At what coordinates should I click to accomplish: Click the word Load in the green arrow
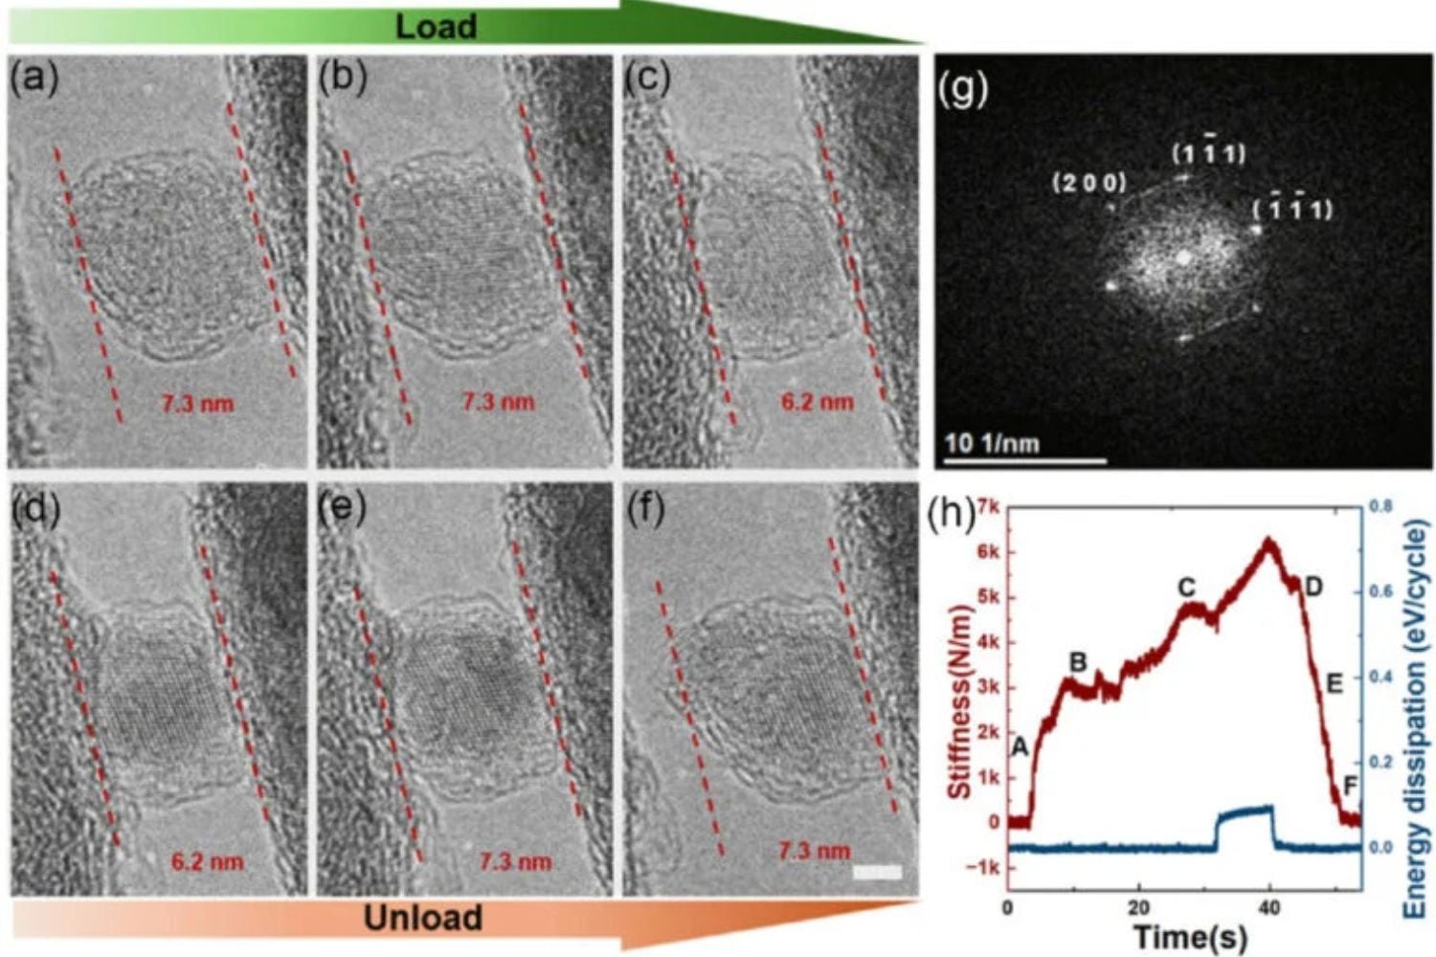(436, 26)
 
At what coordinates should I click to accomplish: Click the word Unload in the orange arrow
(422, 919)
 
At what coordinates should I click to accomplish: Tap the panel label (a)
(34, 78)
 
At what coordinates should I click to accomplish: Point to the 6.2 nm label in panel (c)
(817, 402)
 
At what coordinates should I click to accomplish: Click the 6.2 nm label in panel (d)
(207, 861)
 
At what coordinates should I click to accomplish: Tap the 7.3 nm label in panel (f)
(814, 851)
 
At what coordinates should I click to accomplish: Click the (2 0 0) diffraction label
(1089, 183)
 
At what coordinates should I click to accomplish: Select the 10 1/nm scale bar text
(992, 444)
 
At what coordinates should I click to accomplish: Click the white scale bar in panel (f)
(877, 872)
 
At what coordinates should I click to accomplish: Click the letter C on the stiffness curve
(1186, 587)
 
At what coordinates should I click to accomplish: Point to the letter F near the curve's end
(1351, 787)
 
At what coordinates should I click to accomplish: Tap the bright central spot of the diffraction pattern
(1184, 256)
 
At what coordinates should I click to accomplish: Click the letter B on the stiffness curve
(1077, 661)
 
